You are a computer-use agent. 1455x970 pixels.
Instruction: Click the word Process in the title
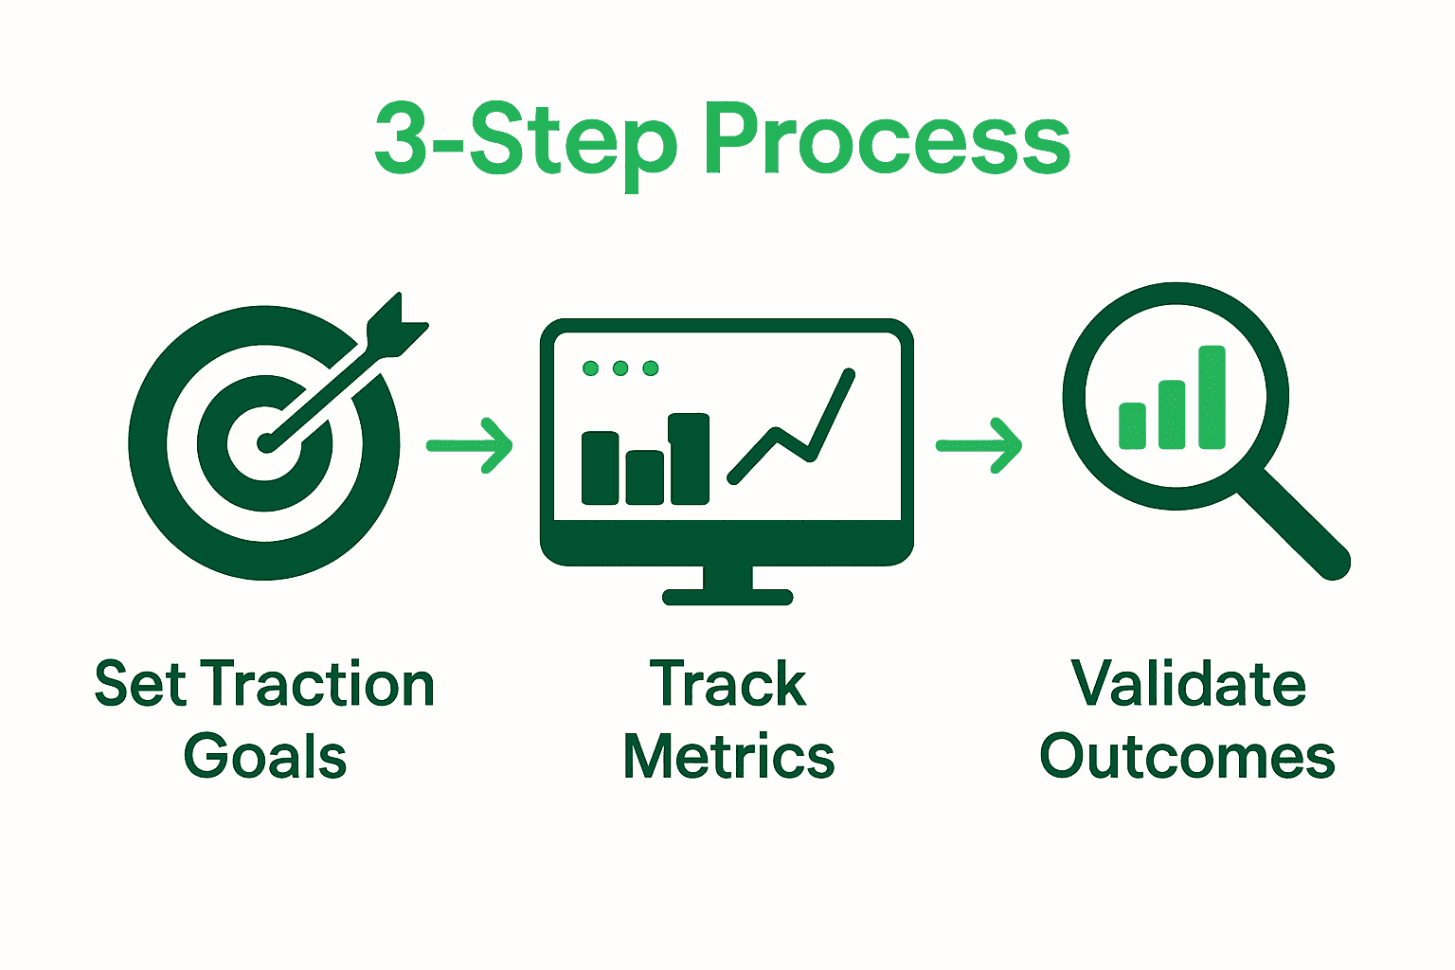(887, 139)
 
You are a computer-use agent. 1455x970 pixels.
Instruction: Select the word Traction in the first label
(317, 684)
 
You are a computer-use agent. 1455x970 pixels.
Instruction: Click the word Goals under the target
(265, 756)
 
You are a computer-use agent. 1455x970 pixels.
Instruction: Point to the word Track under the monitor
(727, 684)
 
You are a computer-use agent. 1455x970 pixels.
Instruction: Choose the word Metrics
(728, 756)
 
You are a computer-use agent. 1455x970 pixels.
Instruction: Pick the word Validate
(1189, 684)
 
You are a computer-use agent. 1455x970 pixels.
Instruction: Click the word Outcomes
(1187, 756)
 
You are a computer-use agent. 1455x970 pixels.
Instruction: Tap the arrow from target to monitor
(470, 446)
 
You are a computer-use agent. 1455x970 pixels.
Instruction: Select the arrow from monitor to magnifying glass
(979, 446)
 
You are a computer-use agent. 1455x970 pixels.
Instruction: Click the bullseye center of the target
(264, 443)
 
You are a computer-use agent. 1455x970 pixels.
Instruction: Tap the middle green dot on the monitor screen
(620, 368)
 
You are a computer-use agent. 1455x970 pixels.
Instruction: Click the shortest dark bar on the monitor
(644, 477)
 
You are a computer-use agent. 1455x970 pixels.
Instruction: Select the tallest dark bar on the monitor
(690, 458)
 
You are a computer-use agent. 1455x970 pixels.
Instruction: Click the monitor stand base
(727, 597)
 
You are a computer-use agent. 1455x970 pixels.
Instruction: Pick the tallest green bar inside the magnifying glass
(1212, 397)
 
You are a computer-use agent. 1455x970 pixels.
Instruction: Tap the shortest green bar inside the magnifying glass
(1132, 425)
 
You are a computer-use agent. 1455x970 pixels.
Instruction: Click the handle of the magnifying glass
(1293, 524)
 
